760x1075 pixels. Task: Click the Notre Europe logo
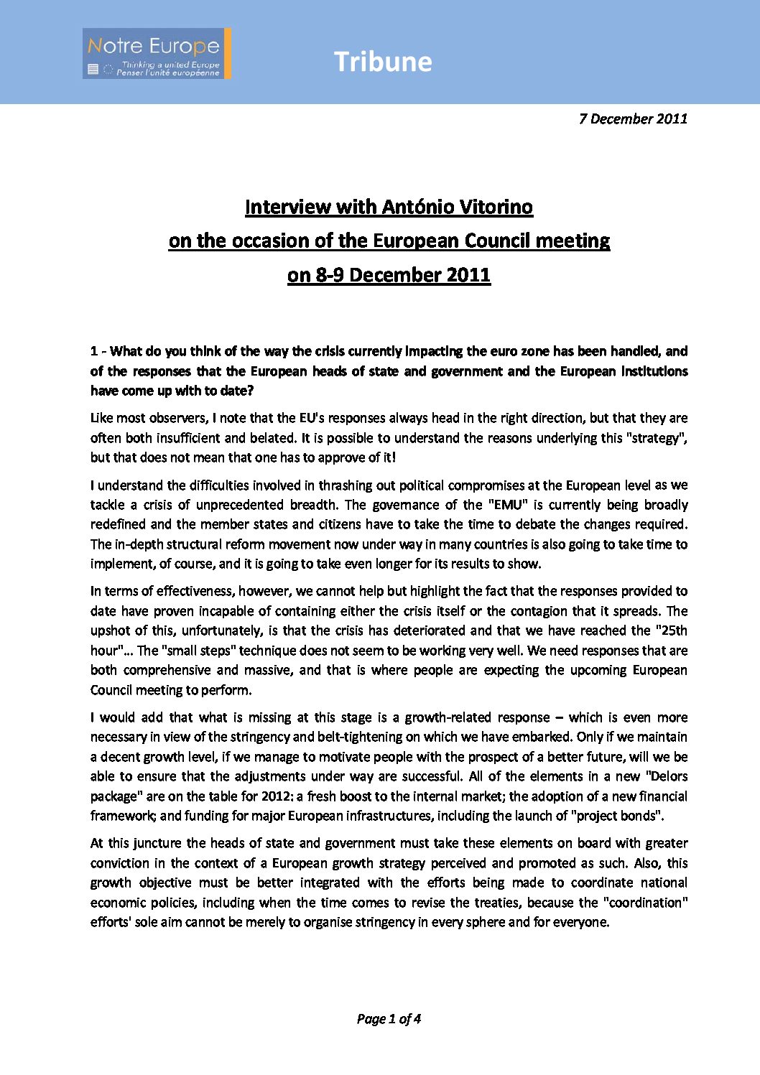[x=157, y=54]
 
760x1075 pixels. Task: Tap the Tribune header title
[x=383, y=62]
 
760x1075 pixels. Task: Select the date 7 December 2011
[x=633, y=118]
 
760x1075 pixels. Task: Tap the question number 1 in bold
[x=94, y=351]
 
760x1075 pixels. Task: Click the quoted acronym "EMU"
[x=506, y=505]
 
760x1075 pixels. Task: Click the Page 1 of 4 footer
[x=389, y=1018]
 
